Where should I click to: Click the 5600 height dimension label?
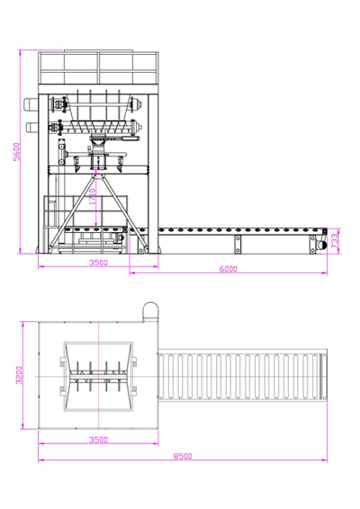(17, 151)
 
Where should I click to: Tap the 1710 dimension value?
(93, 196)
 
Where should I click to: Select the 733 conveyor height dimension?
(335, 241)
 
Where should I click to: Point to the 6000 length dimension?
(228, 269)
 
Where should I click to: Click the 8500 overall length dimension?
(183, 456)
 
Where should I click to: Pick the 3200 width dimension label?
(19, 375)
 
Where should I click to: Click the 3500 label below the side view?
(98, 263)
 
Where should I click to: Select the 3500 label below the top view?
(98, 440)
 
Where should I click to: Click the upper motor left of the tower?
(31, 104)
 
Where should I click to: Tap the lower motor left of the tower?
(32, 127)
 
